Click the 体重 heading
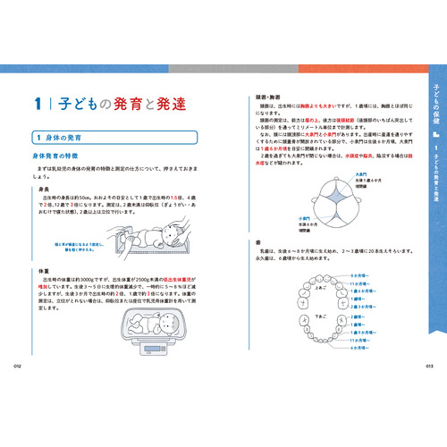pyautogui.click(x=43, y=269)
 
